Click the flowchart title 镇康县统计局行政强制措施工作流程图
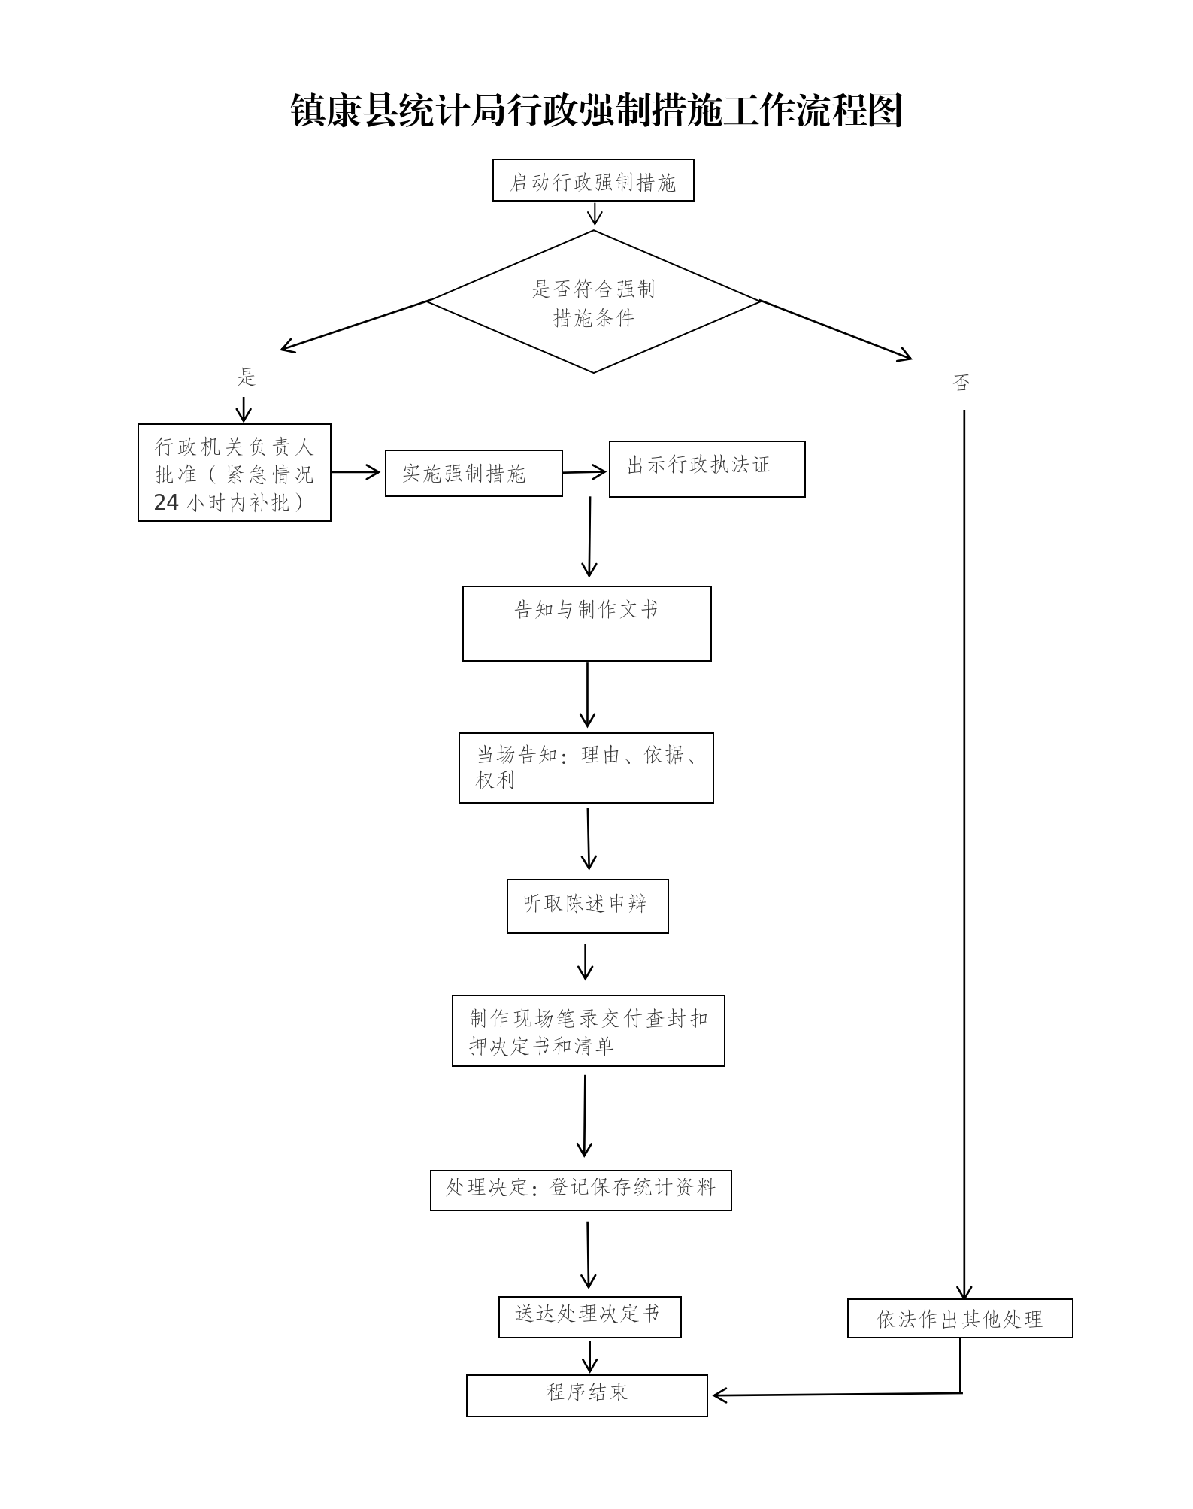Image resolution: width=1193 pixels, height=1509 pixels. [596, 111]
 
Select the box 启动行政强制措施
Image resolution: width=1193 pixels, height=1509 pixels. [593, 180]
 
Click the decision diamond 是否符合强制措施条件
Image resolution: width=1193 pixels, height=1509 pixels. [593, 301]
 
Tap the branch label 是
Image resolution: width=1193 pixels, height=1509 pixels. [247, 377]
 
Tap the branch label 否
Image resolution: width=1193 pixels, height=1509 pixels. [961, 383]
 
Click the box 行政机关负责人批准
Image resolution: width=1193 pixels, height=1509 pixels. [234, 473]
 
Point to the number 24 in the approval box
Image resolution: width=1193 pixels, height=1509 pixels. [166, 502]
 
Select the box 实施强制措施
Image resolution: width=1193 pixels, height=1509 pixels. [474, 474]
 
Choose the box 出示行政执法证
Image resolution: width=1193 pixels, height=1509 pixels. [707, 469]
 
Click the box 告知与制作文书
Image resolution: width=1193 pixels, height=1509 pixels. [586, 624]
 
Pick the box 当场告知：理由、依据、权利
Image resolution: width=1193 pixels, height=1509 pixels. [586, 768]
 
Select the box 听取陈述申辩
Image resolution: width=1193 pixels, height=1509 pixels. [587, 906]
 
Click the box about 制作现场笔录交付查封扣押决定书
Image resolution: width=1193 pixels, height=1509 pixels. [588, 1031]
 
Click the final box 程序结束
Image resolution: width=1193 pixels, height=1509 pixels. [586, 1395]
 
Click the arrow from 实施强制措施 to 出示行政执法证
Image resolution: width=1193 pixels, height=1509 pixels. [585, 473]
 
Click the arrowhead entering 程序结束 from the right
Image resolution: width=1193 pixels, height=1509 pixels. [719, 1395]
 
